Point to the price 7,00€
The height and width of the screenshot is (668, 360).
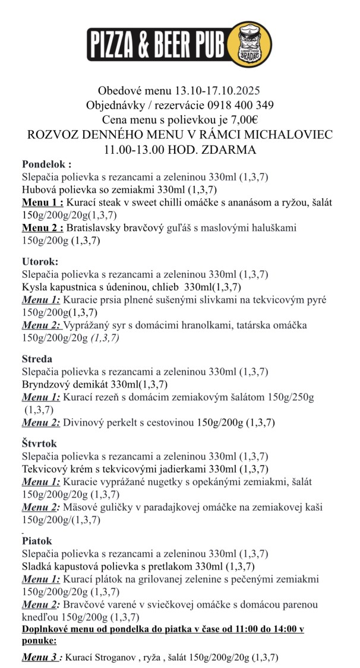pos(254,119)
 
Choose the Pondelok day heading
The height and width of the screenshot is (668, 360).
pos(46,164)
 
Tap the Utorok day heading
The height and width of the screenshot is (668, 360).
pos(41,261)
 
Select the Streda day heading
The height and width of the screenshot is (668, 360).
pos(37,359)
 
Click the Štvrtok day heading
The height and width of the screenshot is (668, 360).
pos(40,444)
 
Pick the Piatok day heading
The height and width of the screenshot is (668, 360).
pos(37,541)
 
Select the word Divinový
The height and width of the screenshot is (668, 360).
pos(86,422)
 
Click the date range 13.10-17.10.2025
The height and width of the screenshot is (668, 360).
pos(217,91)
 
